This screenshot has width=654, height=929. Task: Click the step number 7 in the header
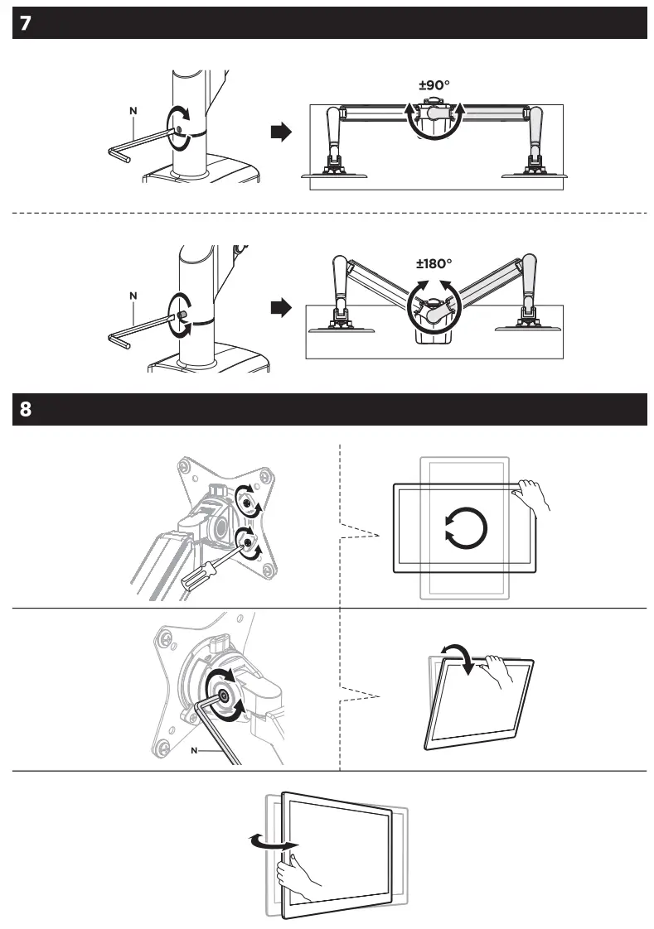[26, 23]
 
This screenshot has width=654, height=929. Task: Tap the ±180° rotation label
[434, 264]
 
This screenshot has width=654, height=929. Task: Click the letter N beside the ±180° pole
[133, 295]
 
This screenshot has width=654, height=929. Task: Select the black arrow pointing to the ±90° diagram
[283, 132]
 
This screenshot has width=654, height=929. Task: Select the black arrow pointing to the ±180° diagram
[283, 309]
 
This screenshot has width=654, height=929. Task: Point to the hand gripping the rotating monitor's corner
[530, 499]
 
